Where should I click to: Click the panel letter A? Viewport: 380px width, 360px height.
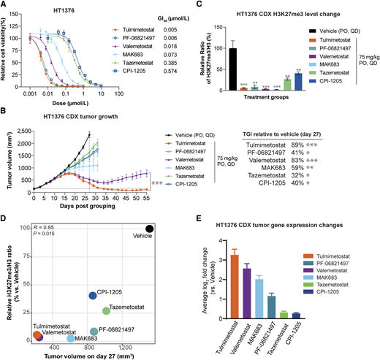[4, 5]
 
